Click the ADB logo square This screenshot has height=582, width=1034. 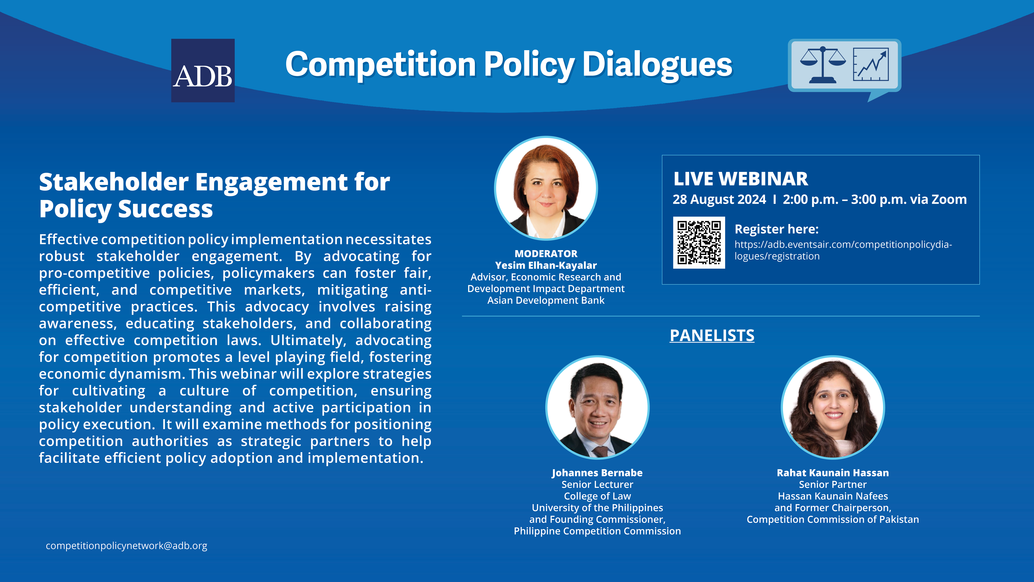coord(203,70)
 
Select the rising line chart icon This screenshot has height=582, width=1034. coord(871,64)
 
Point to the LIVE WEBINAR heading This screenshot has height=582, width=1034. coord(741,179)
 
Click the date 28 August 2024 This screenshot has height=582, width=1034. coord(719,200)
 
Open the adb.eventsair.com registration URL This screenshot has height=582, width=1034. coord(843,250)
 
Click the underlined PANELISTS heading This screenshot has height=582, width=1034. coord(712,335)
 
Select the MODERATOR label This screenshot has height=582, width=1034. coord(546,254)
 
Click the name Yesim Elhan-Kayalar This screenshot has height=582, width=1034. coord(546,266)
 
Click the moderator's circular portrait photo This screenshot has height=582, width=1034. coord(546,188)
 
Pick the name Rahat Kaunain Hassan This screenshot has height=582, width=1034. coord(833,473)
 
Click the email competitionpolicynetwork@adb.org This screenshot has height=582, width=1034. coord(126,546)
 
